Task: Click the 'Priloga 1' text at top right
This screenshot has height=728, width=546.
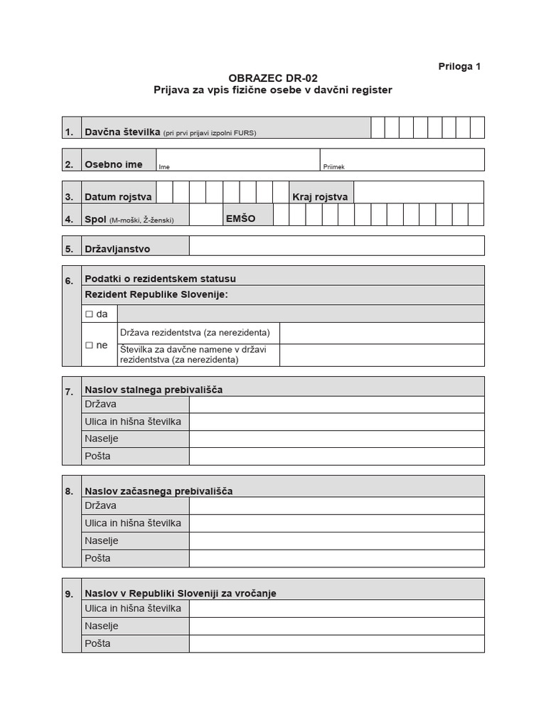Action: [x=459, y=66]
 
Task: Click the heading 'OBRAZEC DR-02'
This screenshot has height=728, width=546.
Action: [x=273, y=78]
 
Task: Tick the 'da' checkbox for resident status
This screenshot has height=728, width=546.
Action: [x=90, y=314]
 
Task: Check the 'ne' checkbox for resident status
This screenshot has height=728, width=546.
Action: [x=90, y=345]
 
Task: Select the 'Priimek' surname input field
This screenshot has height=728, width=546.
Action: [x=402, y=160]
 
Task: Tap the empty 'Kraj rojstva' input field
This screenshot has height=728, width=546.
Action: [x=418, y=193]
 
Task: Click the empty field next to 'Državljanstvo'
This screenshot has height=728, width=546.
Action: [x=336, y=246]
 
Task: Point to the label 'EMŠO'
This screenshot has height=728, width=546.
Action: [x=240, y=219]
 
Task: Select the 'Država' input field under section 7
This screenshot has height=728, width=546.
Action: [x=336, y=405]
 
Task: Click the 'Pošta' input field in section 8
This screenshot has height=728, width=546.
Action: [x=336, y=559]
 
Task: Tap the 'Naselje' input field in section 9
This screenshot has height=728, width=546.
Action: [x=336, y=626]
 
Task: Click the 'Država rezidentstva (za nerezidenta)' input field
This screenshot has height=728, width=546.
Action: [x=382, y=333]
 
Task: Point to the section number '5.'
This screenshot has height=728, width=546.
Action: [x=69, y=250]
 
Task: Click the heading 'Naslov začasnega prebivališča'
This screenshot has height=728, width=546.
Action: [x=159, y=491]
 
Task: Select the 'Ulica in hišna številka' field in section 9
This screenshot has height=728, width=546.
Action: [x=336, y=609]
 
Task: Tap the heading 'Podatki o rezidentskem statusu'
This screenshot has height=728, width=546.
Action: [x=160, y=279]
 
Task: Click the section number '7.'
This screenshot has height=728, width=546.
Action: [x=69, y=391]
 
